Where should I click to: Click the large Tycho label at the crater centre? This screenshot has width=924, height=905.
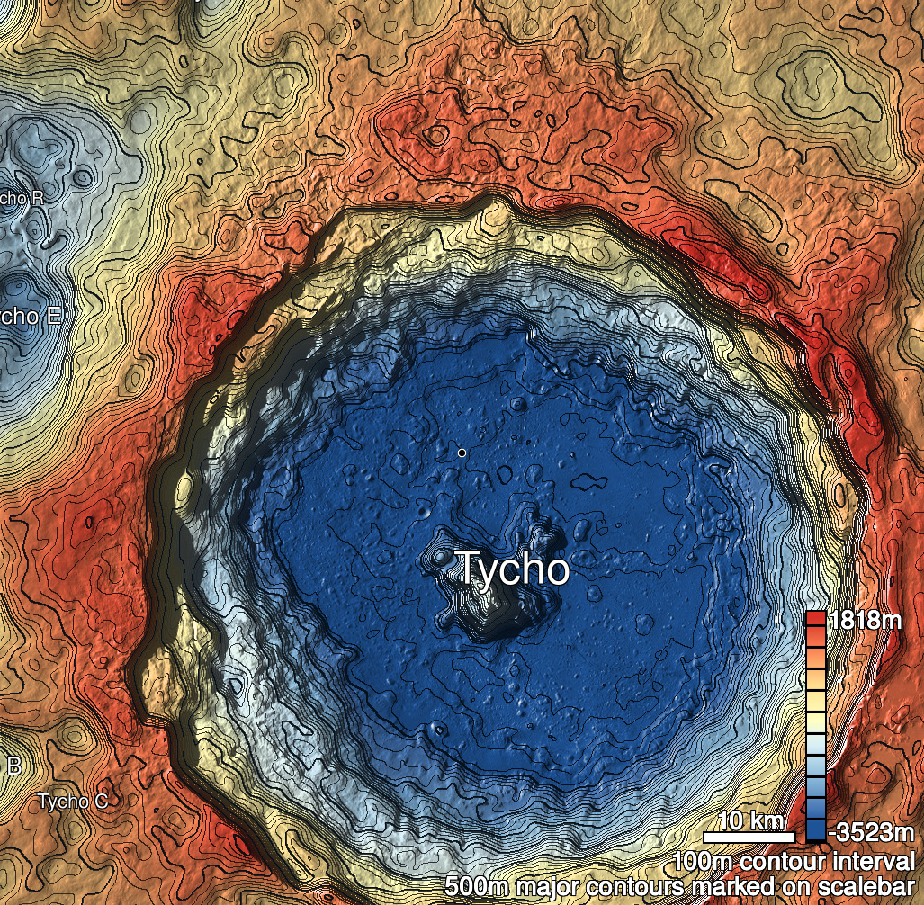click(x=514, y=569)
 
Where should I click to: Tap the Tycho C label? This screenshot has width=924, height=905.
click(x=73, y=802)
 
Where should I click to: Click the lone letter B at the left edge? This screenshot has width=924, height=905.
click(x=13, y=766)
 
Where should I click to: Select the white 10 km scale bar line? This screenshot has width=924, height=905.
click(x=749, y=838)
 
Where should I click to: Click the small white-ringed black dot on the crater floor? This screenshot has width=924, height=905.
click(x=462, y=452)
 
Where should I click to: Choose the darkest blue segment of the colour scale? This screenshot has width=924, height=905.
click(x=815, y=829)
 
